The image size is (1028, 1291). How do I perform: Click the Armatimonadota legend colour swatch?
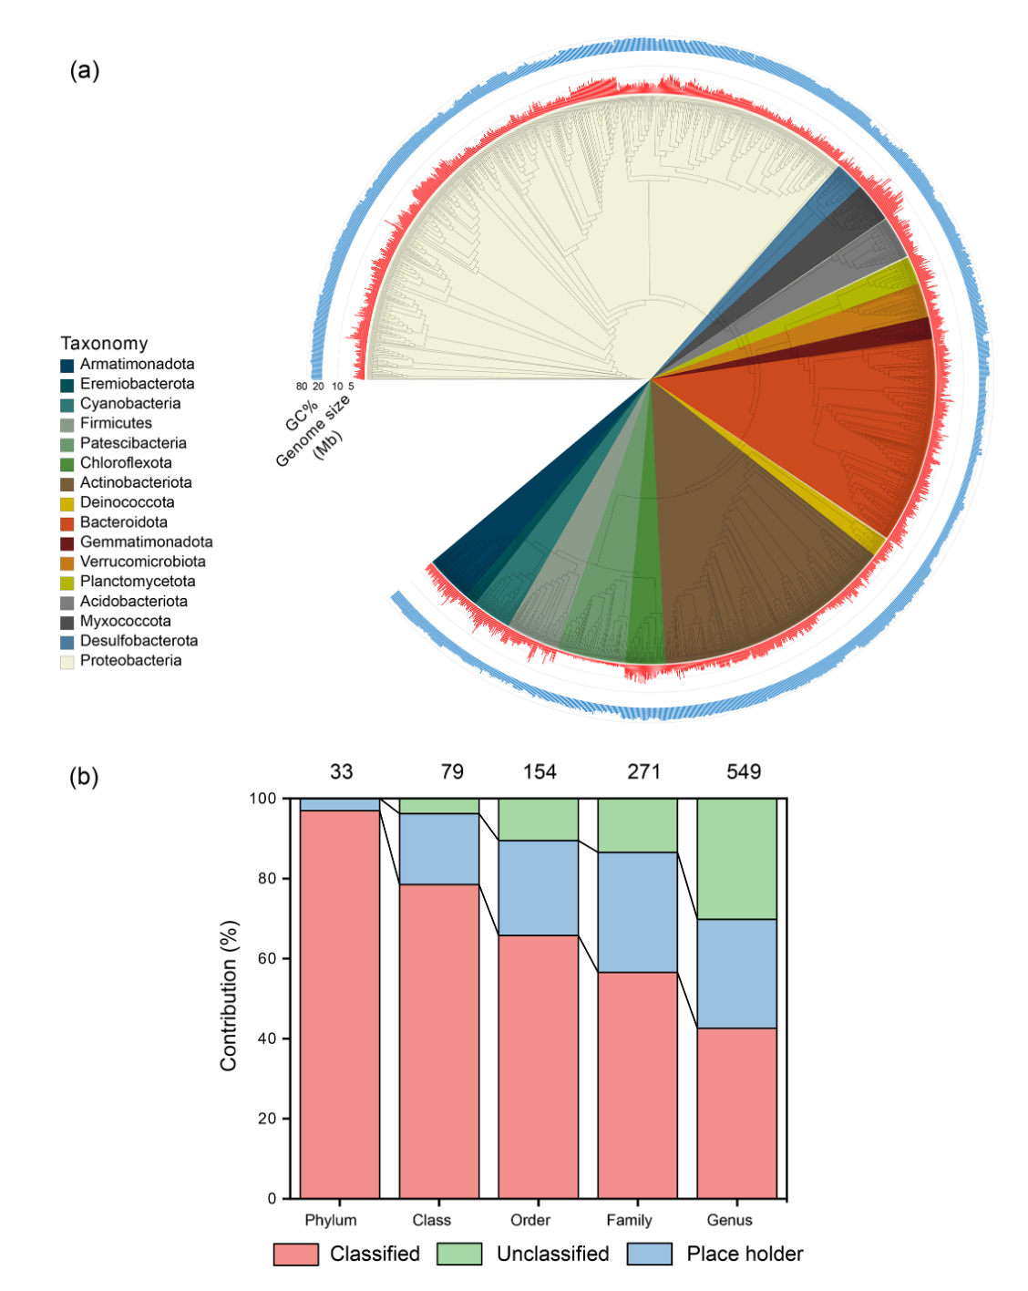click(67, 365)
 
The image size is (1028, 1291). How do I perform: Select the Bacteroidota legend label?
click(123, 522)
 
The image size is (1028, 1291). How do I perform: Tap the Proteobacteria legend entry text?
click(130, 661)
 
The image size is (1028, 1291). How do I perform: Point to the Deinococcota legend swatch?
click(67, 503)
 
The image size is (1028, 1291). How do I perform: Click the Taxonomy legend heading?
click(104, 344)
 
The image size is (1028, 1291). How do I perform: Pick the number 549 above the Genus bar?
click(744, 772)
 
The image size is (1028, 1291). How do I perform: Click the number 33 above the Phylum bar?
click(341, 772)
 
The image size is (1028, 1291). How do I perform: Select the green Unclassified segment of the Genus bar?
click(736, 858)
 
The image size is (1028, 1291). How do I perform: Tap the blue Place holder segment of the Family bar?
click(637, 912)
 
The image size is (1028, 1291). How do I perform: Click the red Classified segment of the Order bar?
click(538, 1067)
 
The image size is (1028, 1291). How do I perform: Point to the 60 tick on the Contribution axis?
click(266, 959)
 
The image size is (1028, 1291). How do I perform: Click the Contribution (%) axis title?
click(229, 996)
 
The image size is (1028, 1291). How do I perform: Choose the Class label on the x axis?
click(431, 1221)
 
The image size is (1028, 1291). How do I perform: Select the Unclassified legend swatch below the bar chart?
click(459, 1255)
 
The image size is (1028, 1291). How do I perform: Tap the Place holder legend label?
click(745, 1255)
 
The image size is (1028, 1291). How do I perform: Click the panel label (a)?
click(85, 70)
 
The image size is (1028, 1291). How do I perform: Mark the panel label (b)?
click(85, 777)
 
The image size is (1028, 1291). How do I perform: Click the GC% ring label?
click(301, 416)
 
